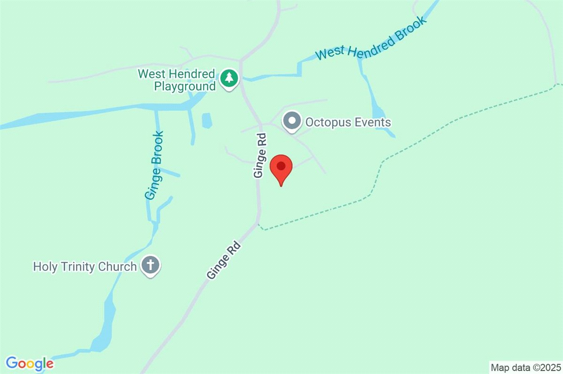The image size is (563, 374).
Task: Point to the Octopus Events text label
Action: (348, 122)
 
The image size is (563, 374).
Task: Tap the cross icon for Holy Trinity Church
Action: (150, 266)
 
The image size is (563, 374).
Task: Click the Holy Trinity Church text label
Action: (84, 267)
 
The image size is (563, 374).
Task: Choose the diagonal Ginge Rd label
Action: (224, 261)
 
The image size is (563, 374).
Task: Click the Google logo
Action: (30, 363)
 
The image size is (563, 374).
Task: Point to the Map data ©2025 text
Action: (525, 367)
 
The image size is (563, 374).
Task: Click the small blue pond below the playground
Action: (206, 120)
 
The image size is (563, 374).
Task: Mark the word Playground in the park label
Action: (184, 86)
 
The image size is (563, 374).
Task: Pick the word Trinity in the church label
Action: (80, 267)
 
